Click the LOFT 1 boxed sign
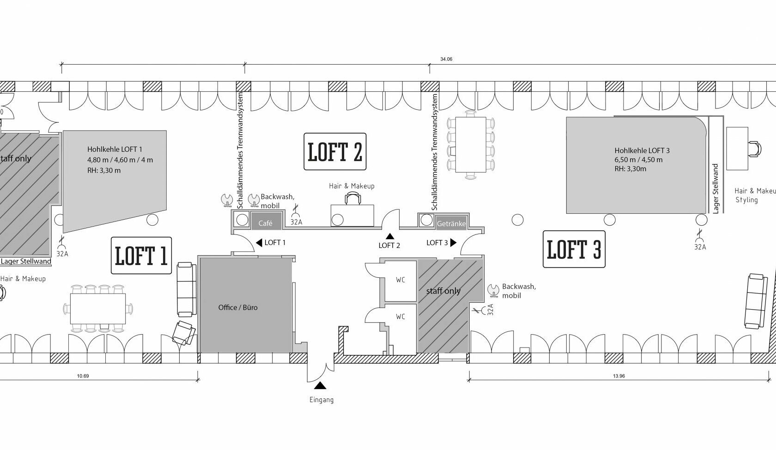click(141, 256)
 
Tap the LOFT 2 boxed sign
click(335, 151)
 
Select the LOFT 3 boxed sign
click(574, 249)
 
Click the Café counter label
click(265, 223)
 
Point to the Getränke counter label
click(451, 223)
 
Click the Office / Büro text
click(238, 307)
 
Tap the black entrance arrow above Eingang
click(320, 385)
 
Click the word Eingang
click(321, 400)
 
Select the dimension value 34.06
click(446, 59)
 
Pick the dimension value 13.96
click(619, 376)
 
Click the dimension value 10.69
click(83, 376)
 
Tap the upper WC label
click(400, 280)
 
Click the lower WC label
click(400, 317)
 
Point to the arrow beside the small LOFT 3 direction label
click(453, 243)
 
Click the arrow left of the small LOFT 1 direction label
click(259, 243)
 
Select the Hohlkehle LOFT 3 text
click(642, 150)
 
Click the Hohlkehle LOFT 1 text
click(115, 149)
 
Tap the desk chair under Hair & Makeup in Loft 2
click(353, 198)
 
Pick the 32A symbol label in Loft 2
click(296, 222)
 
